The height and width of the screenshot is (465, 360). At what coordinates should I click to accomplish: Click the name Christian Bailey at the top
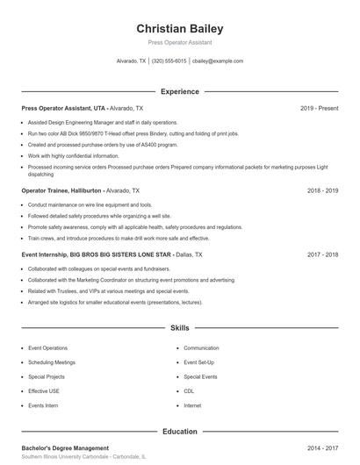(180, 29)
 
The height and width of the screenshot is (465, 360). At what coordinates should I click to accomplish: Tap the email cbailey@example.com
(218, 61)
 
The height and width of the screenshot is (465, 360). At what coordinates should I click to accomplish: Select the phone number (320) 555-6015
(169, 61)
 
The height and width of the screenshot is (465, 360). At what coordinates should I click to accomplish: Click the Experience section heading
(180, 91)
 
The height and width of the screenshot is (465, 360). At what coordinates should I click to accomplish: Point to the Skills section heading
(180, 328)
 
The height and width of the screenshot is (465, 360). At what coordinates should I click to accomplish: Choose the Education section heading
(180, 432)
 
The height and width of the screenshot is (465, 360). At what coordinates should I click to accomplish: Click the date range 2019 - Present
(319, 108)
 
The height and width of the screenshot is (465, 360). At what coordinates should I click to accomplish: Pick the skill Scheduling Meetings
(52, 362)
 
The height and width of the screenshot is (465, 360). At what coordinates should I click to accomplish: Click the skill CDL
(189, 391)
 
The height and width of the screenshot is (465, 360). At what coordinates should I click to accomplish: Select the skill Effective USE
(44, 391)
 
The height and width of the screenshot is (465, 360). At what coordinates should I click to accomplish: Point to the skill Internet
(192, 405)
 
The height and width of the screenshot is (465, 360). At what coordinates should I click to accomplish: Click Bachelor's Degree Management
(65, 447)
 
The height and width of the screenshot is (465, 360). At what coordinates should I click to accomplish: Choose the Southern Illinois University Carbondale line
(83, 457)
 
